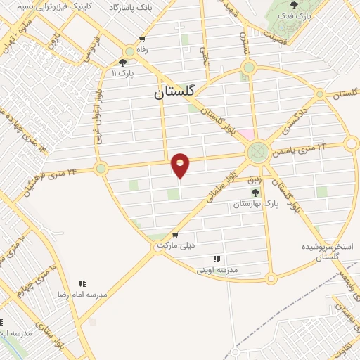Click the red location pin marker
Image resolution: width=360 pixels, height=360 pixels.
tap(181, 165)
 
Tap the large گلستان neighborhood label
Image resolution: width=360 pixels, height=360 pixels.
tap(176, 92)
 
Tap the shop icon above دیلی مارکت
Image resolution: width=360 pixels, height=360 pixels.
tap(175, 235)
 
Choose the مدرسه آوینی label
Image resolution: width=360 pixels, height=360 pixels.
tap(217, 269)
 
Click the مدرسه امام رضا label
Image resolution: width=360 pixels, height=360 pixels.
tap(82, 294)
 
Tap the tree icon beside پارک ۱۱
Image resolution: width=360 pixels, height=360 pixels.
tap(123, 62)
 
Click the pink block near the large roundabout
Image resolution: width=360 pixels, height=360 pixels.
tap(245, 134)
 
